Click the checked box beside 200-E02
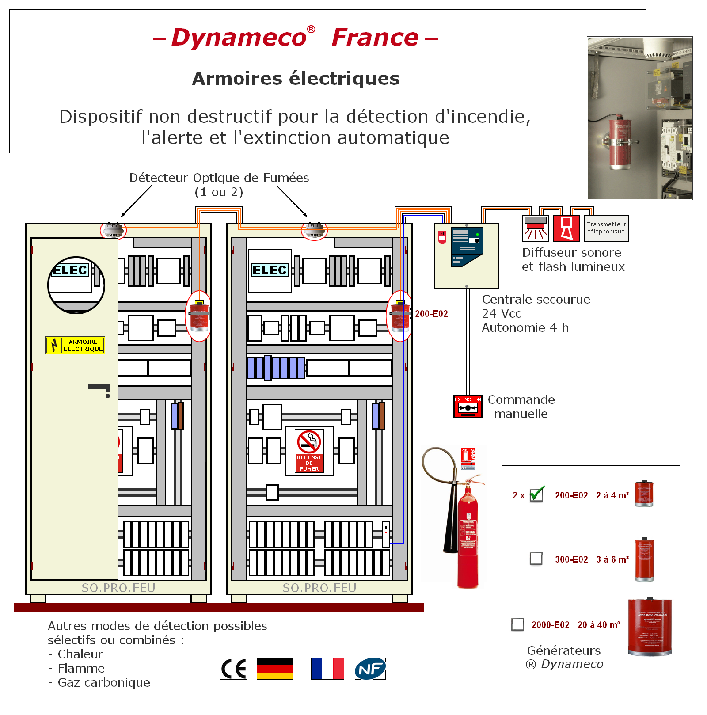pyautogui.click(x=536, y=494)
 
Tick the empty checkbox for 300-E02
pyautogui.click(x=536, y=559)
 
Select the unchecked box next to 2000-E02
pyautogui.click(x=517, y=624)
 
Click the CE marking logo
pyautogui.click(x=234, y=669)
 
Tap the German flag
pyautogui.click(x=275, y=669)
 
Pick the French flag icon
pyautogui.click(x=327, y=669)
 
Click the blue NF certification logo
pyautogui.click(x=370, y=669)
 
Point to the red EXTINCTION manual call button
pyautogui.click(x=468, y=407)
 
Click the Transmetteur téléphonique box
pyautogui.click(x=606, y=228)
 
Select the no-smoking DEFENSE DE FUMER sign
pyautogui.click(x=309, y=451)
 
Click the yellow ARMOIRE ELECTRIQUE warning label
pyautogui.click(x=75, y=345)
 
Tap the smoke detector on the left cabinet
pyautogui.click(x=113, y=230)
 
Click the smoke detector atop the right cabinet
pyautogui.click(x=314, y=230)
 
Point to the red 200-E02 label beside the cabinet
pyautogui.click(x=431, y=314)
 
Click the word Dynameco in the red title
pyautogui.click(x=239, y=38)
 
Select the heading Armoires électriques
pyautogui.click(x=296, y=79)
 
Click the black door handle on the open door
pyautogui.click(x=99, y=387)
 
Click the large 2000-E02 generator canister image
pyautogui.click(x=650, y=628)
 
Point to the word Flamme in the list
pyautogui.click(x=81, y=668)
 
